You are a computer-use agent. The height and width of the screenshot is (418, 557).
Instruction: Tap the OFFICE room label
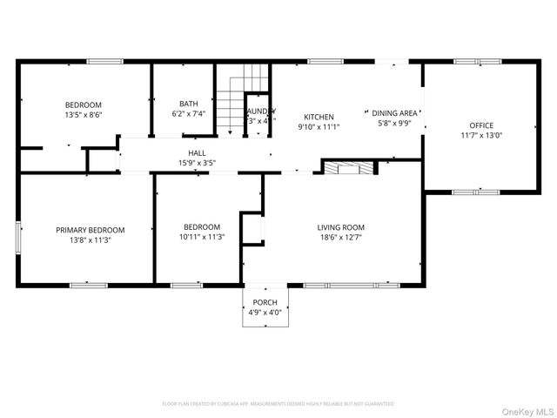[481, 125]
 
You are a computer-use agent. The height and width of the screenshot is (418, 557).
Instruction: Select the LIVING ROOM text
[340, 227]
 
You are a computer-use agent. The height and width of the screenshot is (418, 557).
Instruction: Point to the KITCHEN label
[319, 117]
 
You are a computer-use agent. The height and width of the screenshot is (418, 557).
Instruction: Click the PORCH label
[265, 302]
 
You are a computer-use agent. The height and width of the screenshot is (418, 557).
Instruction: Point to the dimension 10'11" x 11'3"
[202, 237]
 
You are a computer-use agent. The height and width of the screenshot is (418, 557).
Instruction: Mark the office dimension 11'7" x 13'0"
[481, 135]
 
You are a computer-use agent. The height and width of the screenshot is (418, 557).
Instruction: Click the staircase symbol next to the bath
[230, 104]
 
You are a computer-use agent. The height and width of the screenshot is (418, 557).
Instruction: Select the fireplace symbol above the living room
[349, 167]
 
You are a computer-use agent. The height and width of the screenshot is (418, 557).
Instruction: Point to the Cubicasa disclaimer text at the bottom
[278, 404]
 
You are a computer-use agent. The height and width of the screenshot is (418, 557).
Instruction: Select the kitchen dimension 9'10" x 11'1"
[319, 126]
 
